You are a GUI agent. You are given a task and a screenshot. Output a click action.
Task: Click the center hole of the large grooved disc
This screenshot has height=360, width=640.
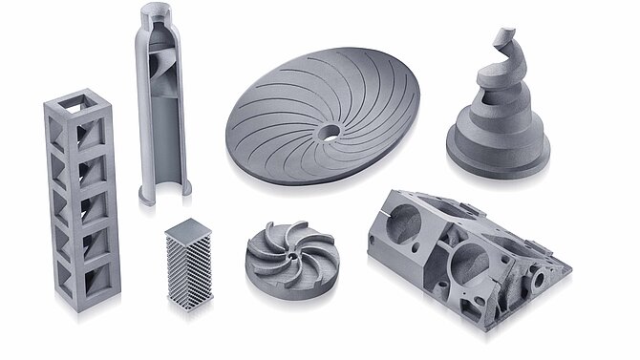click(x=330, y=130)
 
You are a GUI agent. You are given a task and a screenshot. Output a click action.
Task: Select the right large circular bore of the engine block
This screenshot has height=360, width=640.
click(x=473, y=258)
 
